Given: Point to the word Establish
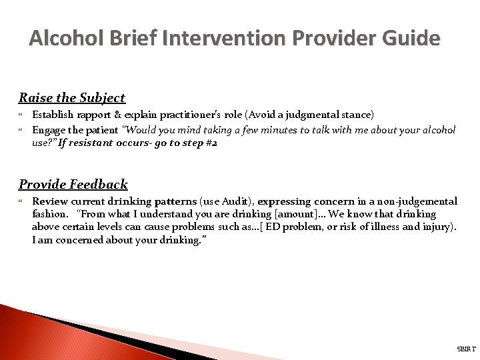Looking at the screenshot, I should pos(53,115).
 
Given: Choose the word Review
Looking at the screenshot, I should pos(49,201).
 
